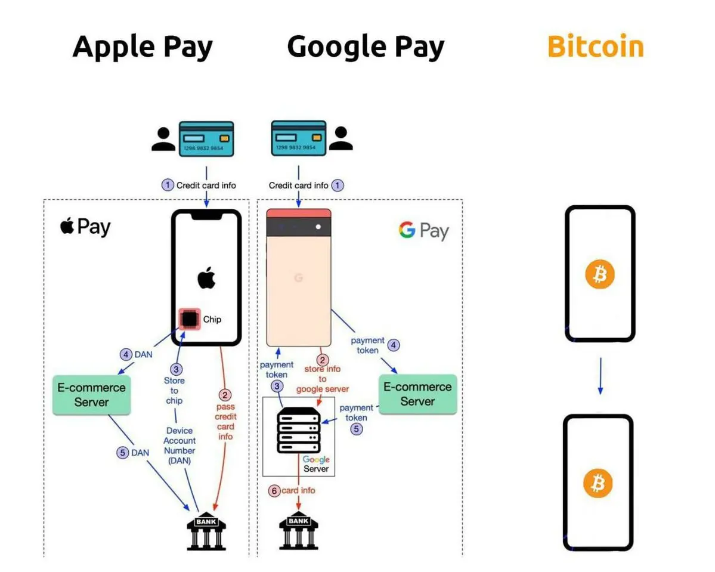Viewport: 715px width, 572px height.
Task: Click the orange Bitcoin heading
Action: (595, 47)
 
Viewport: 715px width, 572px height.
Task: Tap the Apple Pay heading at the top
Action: (142, 47)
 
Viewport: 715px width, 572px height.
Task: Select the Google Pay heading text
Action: (366, 47)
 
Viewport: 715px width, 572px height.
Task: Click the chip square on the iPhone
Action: (190, 320)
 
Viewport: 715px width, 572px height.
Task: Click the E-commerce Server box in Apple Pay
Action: (91, 395)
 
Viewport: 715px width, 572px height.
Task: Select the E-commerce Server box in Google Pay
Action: (417, 394)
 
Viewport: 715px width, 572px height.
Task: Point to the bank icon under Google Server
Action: (298, 530)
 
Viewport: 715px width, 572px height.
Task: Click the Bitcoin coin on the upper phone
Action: (599, 274)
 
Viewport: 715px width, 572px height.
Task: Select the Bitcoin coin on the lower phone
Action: (598, 483)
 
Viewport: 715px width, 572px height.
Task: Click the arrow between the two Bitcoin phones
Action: (600, 376)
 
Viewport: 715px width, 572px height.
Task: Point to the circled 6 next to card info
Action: (274, 491)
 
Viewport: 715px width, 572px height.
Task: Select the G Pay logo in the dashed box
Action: (423, 231)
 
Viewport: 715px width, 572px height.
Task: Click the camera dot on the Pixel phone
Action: (318, 227)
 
